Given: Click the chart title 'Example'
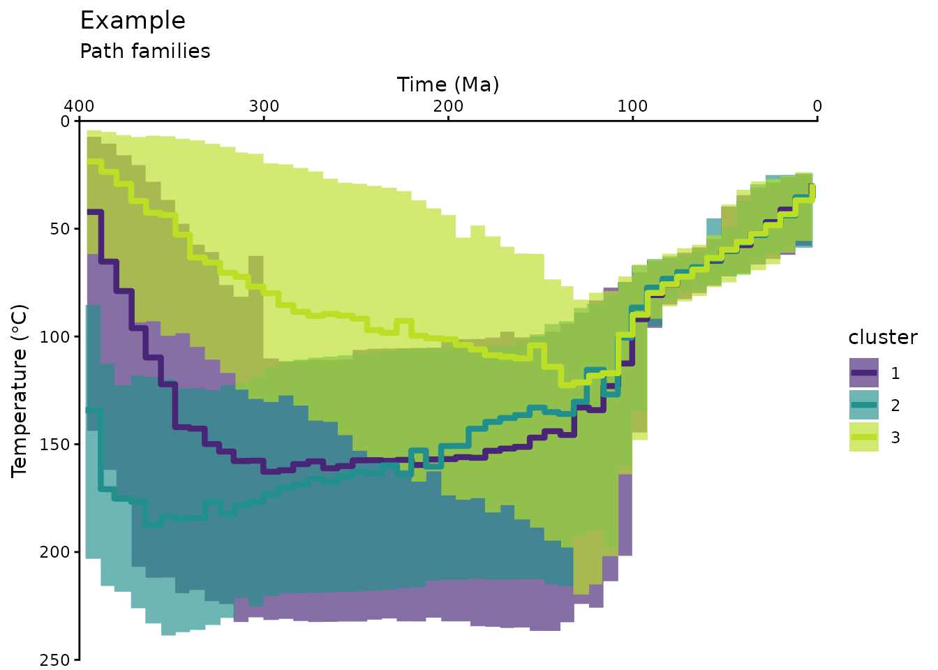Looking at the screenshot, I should pyautogui.click(x=133, y=21).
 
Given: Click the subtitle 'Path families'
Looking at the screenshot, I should pyautogui.click(x=145, y=52).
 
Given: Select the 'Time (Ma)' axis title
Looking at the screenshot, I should pyautogui.click(x=448, y=84).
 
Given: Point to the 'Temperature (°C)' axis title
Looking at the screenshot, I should pyautogui.click(x=20, y=390).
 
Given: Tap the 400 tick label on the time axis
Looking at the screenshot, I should pyautogui.click(x=79, y=106).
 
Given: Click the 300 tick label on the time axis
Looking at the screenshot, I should pyautogui.click(x=264, y=106).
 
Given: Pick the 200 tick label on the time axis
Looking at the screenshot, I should pyautogui.click(x=448, y=106).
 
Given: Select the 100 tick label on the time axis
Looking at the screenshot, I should pyautogui.click(x=632, y=106).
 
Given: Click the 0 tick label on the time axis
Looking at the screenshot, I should pyautogui.click(x=817, y=106).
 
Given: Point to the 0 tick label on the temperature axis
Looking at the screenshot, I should pyautogui.click(x=66, y=121).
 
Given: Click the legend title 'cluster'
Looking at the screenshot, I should pyautogui.click(x=882, y=338).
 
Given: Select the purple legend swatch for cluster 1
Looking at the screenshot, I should pyautogui.click(x=863, y=373).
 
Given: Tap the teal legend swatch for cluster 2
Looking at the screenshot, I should pyautogui.click(x=863, y=405).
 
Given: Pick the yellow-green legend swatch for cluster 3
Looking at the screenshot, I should pyautogui.click(x=863, y=437).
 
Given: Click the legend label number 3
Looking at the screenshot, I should pyautogui.click(x=895, y=438).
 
